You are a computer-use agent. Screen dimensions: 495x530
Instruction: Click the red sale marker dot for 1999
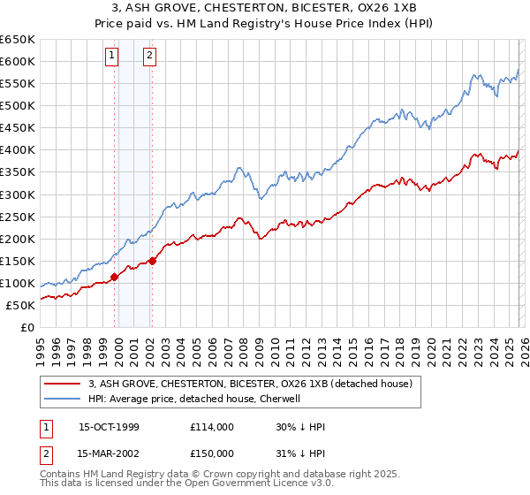[115, 277]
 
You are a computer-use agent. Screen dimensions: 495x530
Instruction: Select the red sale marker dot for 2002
[152, 261]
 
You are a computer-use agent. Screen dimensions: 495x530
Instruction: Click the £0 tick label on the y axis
[28, 327]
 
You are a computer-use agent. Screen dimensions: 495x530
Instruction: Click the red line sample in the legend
[62, 384]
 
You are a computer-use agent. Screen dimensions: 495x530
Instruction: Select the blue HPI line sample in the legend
[62, 399]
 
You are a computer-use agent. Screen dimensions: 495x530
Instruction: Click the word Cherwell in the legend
[281, 399]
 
